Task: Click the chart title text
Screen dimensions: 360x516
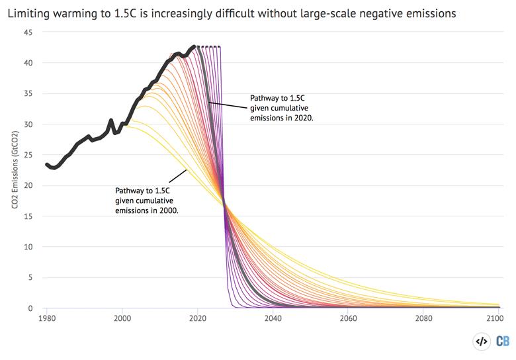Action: tap(232, 13)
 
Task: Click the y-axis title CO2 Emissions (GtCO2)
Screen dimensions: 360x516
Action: tap(14, 170)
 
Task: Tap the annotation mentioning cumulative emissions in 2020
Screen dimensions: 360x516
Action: tap(280, 107)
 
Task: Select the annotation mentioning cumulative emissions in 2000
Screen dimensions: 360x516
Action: tap(147, 201)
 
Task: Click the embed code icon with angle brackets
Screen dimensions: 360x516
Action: tap(482, 341)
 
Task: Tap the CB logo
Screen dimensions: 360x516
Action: tap(503, 341)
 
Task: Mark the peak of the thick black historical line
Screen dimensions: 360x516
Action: tap(194, 46)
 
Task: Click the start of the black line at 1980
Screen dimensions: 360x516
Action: tap(46, 165)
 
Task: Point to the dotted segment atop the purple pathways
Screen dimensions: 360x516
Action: tap(208, 46)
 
